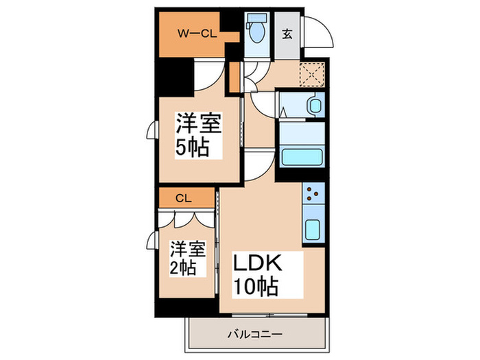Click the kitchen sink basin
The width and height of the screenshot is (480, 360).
(312, 229)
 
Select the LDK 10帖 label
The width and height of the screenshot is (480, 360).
(259, 274)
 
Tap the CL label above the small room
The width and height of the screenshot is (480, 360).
(183, 199)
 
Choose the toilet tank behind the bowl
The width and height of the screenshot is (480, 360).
(258, 19)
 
